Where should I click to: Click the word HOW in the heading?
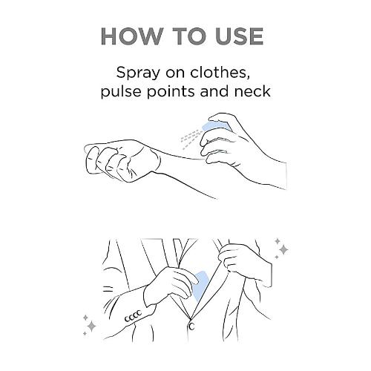(x=132, y=36)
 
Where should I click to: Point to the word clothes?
(x=220, y=73)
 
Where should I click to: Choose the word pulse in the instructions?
(x=122, y=92)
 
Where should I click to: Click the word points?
(x=171, y=92)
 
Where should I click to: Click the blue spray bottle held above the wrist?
(x=214, y=126)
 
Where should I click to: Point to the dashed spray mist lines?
(x=190, y=139)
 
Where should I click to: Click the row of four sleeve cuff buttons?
(x=133, y=316)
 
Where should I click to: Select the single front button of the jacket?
(x=191, y=326)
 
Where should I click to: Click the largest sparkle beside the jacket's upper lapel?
(x=283, y=249)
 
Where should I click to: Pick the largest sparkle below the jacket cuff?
(x=91, y=326)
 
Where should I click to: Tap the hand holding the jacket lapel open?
(x=245, y=262)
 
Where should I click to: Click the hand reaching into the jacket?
(x=171, y=284)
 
